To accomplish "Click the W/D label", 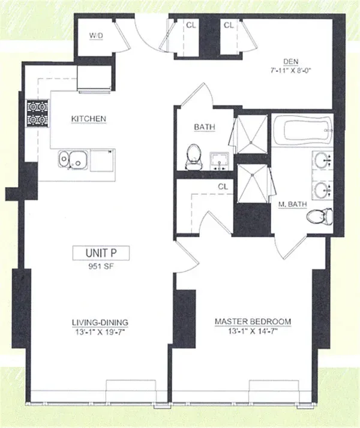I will click(96, 36).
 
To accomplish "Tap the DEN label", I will click(291, 60).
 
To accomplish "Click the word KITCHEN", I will click(89, 119).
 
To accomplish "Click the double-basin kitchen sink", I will click(73, 160).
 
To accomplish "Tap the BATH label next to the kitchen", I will click(205, 127).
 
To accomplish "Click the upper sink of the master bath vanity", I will click(322, 161).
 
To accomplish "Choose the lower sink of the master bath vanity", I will click(322, 191).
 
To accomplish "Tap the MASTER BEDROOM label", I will click(253, 322).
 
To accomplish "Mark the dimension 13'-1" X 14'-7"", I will click(253, 331).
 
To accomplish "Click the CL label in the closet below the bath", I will click(223, 186).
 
